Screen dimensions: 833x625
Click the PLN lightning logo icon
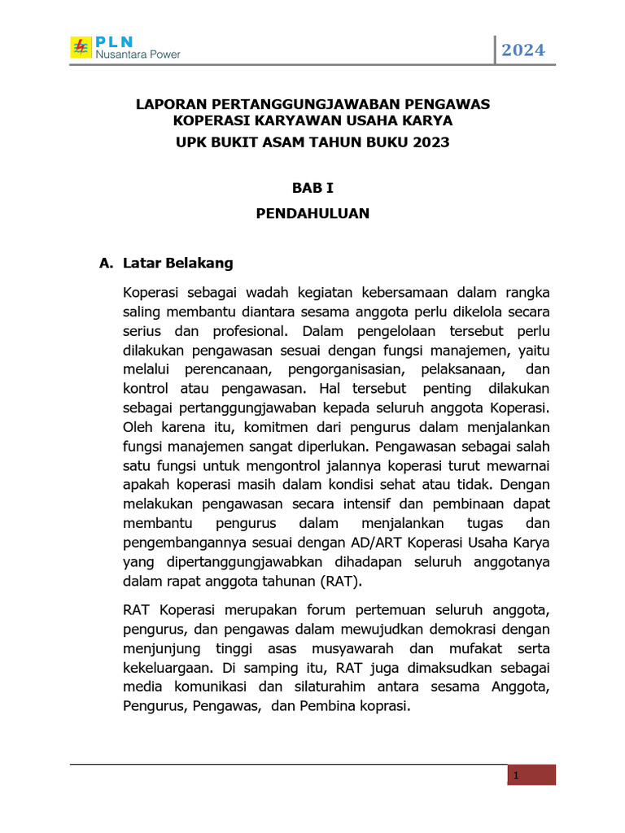81,47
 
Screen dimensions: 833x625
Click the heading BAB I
313,187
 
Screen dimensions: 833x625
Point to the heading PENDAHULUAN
313,213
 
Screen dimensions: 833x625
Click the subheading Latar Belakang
178,263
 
